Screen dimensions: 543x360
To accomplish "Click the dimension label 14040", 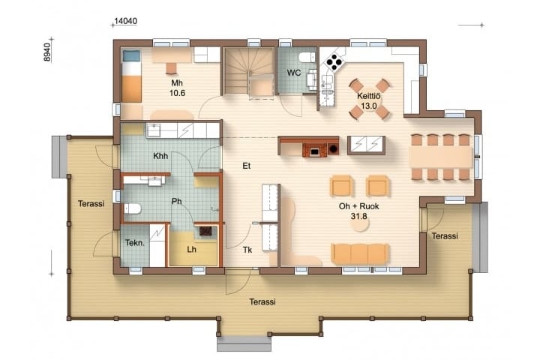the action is pyautogui.click(x=125, y=21).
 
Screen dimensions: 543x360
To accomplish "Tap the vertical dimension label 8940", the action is pyautogui.click(x=46, y=52).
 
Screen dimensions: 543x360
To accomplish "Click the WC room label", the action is pyautogui.click(x=294, y=73).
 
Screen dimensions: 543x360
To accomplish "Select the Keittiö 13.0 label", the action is pyautogui.click(x=368, y=100).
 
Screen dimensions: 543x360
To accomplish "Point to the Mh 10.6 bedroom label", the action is pyautogui.click(x=177, y=88).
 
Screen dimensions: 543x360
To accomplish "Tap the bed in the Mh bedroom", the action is pyautogui.click(x=131, y=76).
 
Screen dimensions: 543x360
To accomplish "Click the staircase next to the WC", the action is pyautogui.click(x=249, y=73).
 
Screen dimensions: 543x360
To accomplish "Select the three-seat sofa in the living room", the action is pyautogui.click(x=360, y=254).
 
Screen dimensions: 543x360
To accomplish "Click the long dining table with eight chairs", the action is pyautogui.click(x=441, y=157).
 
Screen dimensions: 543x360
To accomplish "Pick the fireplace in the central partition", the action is pyautogui.click(x=314, y=149).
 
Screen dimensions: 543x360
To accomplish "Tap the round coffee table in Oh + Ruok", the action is pyautogui.click(x=360, y=225).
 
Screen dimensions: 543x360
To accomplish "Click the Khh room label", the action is pyautogui.click(x=160, y=156).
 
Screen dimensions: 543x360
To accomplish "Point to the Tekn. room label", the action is pyautogui.click(x=135, y=243).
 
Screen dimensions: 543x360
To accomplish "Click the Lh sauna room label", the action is pyautogui.click(x=191, y=249).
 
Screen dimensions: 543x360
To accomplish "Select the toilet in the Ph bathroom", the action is pyautogui.click(x=132, y=208).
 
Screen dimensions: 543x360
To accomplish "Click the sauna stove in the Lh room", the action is pyautogui.click(x=207, y=231).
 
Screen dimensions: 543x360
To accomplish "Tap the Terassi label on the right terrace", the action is pyautogui.click(x=445, y=236).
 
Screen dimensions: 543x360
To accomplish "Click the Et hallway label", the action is pyautogui.click(x=246, y=166).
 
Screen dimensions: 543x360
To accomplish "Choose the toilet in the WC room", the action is pyautogui.click(x=307, y=57).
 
